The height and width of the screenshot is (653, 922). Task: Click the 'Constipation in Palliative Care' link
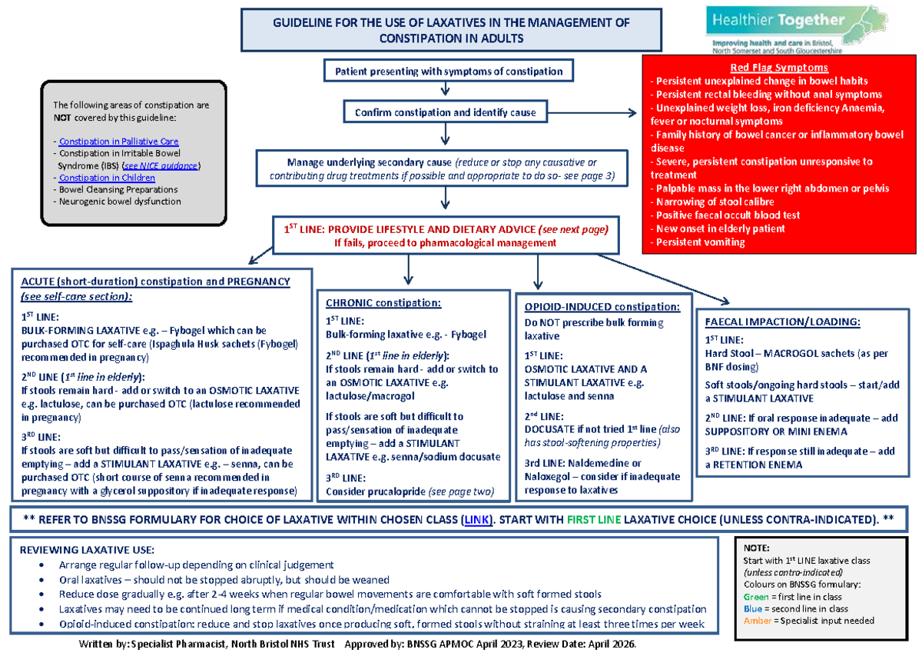[118, 142]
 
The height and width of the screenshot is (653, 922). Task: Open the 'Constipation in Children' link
[107, 178]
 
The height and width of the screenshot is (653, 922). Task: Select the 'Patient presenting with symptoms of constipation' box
[448, 72]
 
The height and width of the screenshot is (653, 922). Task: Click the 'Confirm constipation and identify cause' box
[451, 112]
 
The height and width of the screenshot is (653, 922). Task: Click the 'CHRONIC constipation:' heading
[383, 302]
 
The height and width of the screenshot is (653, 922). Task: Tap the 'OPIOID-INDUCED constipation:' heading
[602, 307]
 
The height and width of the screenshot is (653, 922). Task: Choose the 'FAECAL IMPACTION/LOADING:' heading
[782, 322]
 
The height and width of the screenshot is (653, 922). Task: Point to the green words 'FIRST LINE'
[593, 519]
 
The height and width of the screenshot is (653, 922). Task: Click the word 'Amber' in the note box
[756, 621]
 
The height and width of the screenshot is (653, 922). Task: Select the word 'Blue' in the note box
[753, 608]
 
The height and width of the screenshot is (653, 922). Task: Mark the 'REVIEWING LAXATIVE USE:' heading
[86, 550]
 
